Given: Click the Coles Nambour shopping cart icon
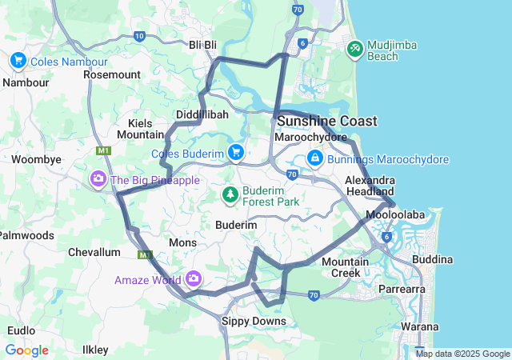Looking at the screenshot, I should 18,61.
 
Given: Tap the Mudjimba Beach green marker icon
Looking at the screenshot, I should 354,49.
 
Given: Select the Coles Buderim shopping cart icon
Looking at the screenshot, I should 236,152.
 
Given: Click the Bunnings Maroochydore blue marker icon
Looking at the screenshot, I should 316,159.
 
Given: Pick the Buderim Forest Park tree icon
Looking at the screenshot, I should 230,194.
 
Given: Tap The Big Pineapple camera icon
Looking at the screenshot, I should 98,179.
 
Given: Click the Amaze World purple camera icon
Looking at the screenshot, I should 193,278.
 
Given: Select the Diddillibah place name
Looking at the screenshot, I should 202,115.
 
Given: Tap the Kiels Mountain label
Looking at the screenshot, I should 146,129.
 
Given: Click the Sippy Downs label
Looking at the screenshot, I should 253,321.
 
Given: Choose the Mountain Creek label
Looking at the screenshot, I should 345,267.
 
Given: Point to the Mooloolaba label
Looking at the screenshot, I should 390,216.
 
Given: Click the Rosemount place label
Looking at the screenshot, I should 111,74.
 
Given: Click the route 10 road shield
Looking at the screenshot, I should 140,36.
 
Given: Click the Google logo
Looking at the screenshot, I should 26,350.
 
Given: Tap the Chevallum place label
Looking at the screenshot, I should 94,252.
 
